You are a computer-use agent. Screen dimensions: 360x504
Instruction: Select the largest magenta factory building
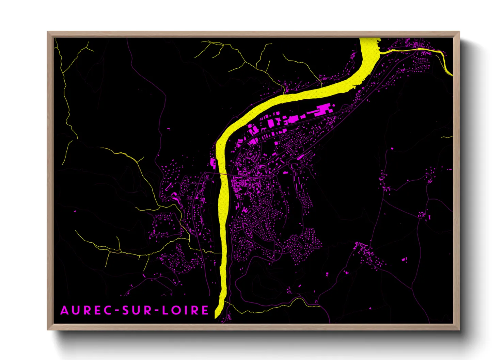pos(322,110)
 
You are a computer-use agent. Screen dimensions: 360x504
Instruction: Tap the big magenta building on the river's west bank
pos(213,163)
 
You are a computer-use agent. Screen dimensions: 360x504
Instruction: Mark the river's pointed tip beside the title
pos(216,317)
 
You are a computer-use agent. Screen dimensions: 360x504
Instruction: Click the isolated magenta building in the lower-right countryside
pos(404,260)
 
